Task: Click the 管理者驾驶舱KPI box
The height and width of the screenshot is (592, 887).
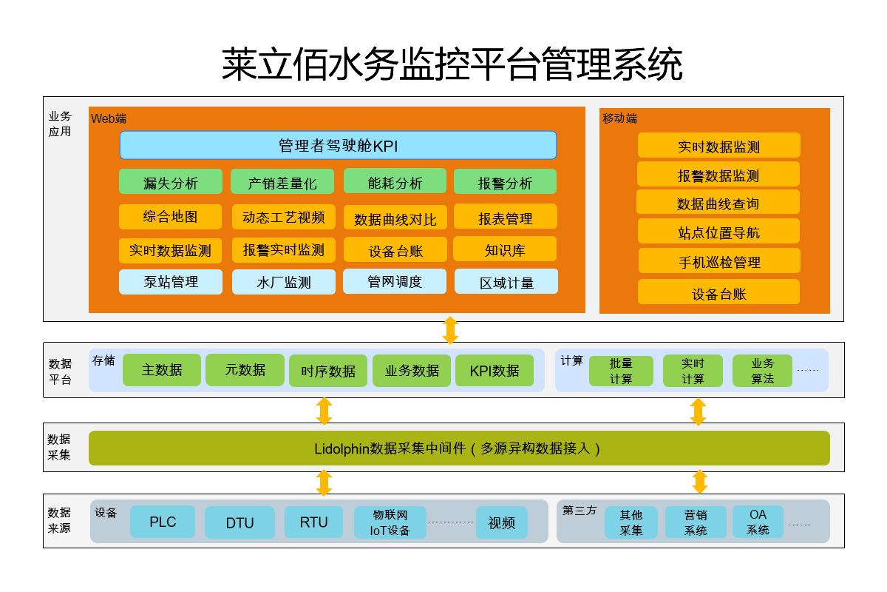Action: [x=338, y=145]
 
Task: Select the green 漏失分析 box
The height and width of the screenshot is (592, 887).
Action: [x=170, y=182]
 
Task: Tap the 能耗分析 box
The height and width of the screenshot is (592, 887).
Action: [x=395, y=182]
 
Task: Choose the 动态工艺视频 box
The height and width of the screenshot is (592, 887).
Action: [x=283, y=217]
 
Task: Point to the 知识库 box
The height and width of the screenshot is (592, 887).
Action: [x=505, y=249]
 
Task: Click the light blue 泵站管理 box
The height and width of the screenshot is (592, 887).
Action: [x=170, y=281]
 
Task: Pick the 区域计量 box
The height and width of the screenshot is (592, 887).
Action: [x=506, y=282]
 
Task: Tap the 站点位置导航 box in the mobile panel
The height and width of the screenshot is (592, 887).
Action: [x=718, y=232]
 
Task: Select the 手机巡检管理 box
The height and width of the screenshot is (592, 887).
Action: [x=719, y=261]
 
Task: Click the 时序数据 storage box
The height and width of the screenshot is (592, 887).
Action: [x=328, y=371]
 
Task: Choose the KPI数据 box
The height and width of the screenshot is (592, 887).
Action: [x=495, y=370]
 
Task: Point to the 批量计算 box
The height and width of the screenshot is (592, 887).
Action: [x=621, y=371]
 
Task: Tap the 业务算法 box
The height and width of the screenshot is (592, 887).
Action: [x=762, y=371]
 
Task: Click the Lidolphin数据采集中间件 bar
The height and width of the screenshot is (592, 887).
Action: [x=459, y=448]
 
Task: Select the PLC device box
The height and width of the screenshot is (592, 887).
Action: [x=163, y=522]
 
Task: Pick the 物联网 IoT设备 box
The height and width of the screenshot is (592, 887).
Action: [x=390, y=522]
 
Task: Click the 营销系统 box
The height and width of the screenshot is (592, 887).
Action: [x=696, y=522]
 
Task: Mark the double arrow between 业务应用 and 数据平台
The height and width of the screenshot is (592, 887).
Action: [x=450, y=330]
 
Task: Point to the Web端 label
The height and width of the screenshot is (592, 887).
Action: [x=108, y=118]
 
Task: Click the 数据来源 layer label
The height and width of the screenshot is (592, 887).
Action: [x=60, y=520]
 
